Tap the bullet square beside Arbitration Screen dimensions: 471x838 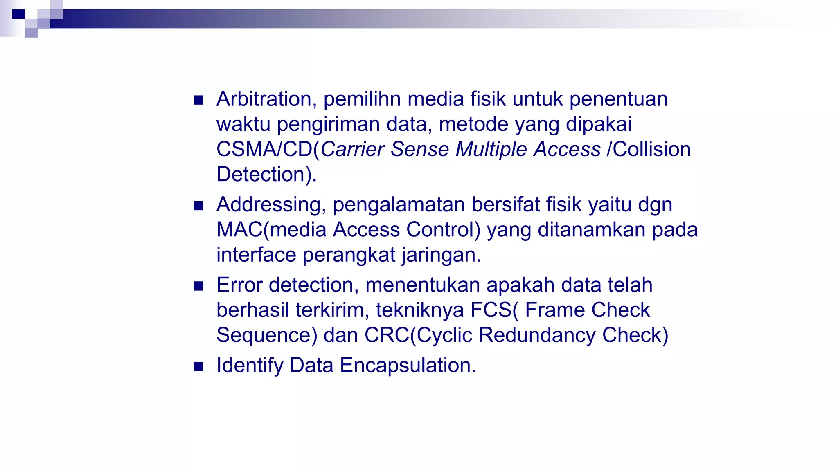click(199, 100)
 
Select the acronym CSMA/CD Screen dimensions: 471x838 click(264, 149)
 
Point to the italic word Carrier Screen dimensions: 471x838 click(352, 149)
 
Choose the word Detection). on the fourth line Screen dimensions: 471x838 click(266, 175)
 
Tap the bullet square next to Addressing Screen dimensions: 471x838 click(199, 206)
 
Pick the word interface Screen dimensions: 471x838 click(256, 255)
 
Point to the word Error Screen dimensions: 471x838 click(239, 285)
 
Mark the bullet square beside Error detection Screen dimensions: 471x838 click(199, 286)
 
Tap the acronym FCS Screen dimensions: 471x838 click(491, 310)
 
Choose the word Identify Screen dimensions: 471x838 click(250, 366)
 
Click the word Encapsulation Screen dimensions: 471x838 click(408, 366)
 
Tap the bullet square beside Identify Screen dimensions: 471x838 click(199, 366)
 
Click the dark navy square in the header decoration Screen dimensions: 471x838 click(18, 14)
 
